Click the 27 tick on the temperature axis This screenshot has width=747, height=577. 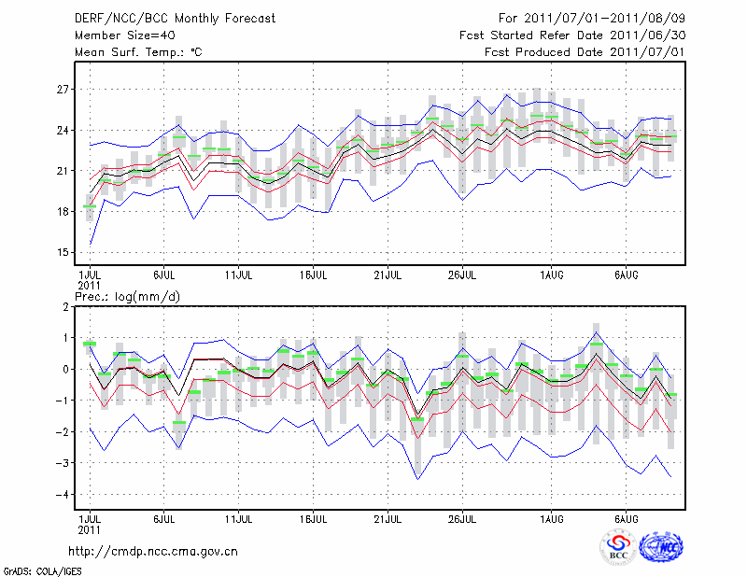[x=63, y=90]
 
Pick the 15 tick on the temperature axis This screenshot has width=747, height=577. [x=63, y=252]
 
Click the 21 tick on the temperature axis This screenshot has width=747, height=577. [x=63, y=171]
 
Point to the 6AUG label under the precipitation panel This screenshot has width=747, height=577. [x=626, y=518]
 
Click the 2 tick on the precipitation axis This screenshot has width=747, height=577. [x=66, y=306]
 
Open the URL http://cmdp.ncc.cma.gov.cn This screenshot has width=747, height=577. [x=154, y=551]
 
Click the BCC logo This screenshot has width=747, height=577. [x=617, y=548]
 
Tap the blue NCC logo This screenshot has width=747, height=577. [x=660, y=548]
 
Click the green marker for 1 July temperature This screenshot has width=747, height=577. [x=90, y=206]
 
